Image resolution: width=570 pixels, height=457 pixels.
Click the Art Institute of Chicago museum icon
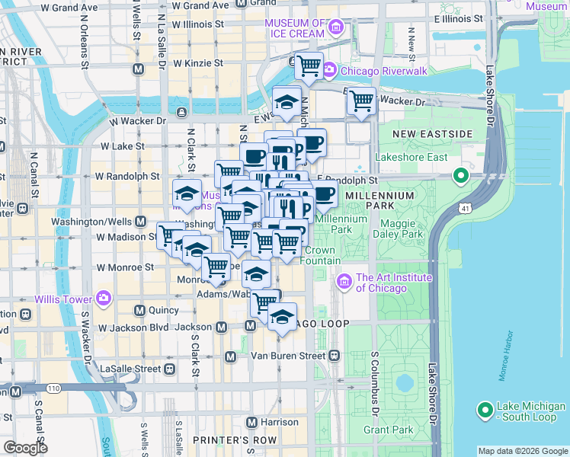tap(344, 283)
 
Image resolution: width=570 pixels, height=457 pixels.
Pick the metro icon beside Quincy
tap(139, 310)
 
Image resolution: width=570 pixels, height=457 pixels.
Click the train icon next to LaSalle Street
tap(169, 369)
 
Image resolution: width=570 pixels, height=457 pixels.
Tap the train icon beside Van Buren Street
tap(334, 356)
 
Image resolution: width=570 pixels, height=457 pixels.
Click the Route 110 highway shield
tap(53, 388)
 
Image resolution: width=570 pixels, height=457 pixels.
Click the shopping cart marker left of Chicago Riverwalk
tap(308, 66)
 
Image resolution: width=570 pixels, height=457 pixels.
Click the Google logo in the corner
tap(24, 448)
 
